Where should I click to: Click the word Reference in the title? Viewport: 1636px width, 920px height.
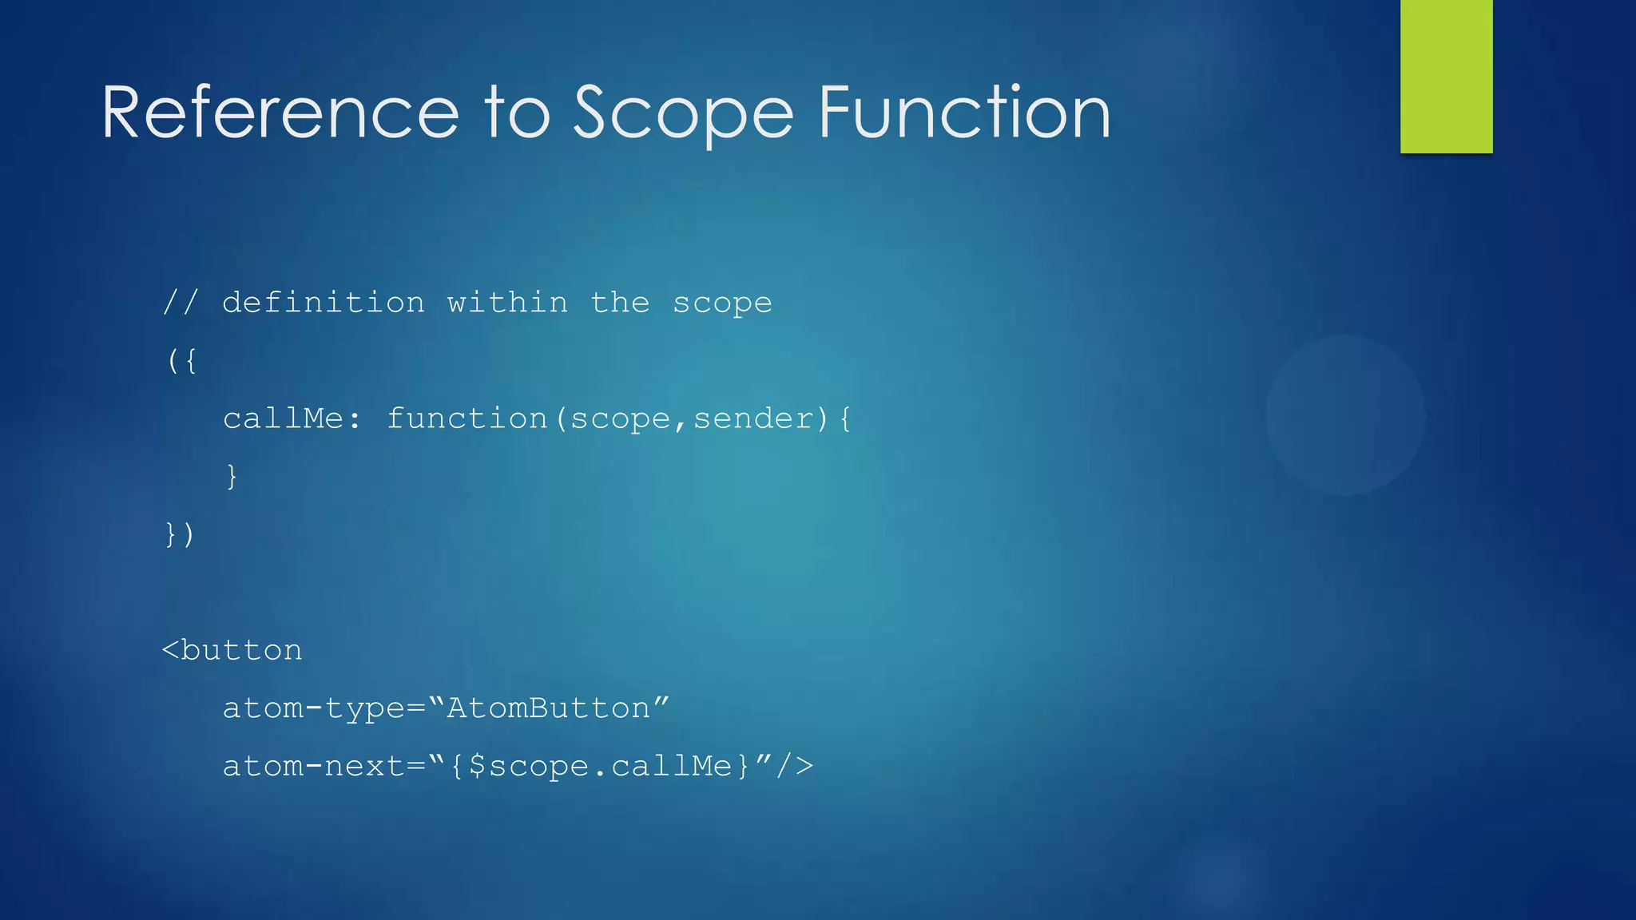point(280,113)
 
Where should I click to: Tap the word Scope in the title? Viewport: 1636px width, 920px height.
point(684,113)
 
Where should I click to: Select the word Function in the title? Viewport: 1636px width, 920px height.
point(964,113)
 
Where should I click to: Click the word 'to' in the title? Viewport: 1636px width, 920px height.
point(518,113)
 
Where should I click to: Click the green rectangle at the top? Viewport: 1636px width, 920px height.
point(1446,76)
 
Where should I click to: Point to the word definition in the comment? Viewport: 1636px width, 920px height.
point(324,303)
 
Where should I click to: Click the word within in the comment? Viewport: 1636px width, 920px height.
point(507,303)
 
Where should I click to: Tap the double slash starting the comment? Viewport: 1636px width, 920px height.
point(180,303)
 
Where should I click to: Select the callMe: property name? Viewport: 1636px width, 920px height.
point(292,419)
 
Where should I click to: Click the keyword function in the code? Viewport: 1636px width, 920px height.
point(467,419)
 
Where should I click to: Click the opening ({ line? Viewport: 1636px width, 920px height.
point(181,361)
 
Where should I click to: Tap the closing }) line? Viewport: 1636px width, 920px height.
point(180,534)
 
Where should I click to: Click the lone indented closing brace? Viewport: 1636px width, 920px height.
point(232,477)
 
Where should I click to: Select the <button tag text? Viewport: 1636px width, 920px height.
point(232,651)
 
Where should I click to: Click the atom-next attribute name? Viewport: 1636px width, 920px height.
point(314,767)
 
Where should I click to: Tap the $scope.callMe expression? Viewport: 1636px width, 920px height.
point(600,767)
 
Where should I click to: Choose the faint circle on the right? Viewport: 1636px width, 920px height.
point(1346,415)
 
